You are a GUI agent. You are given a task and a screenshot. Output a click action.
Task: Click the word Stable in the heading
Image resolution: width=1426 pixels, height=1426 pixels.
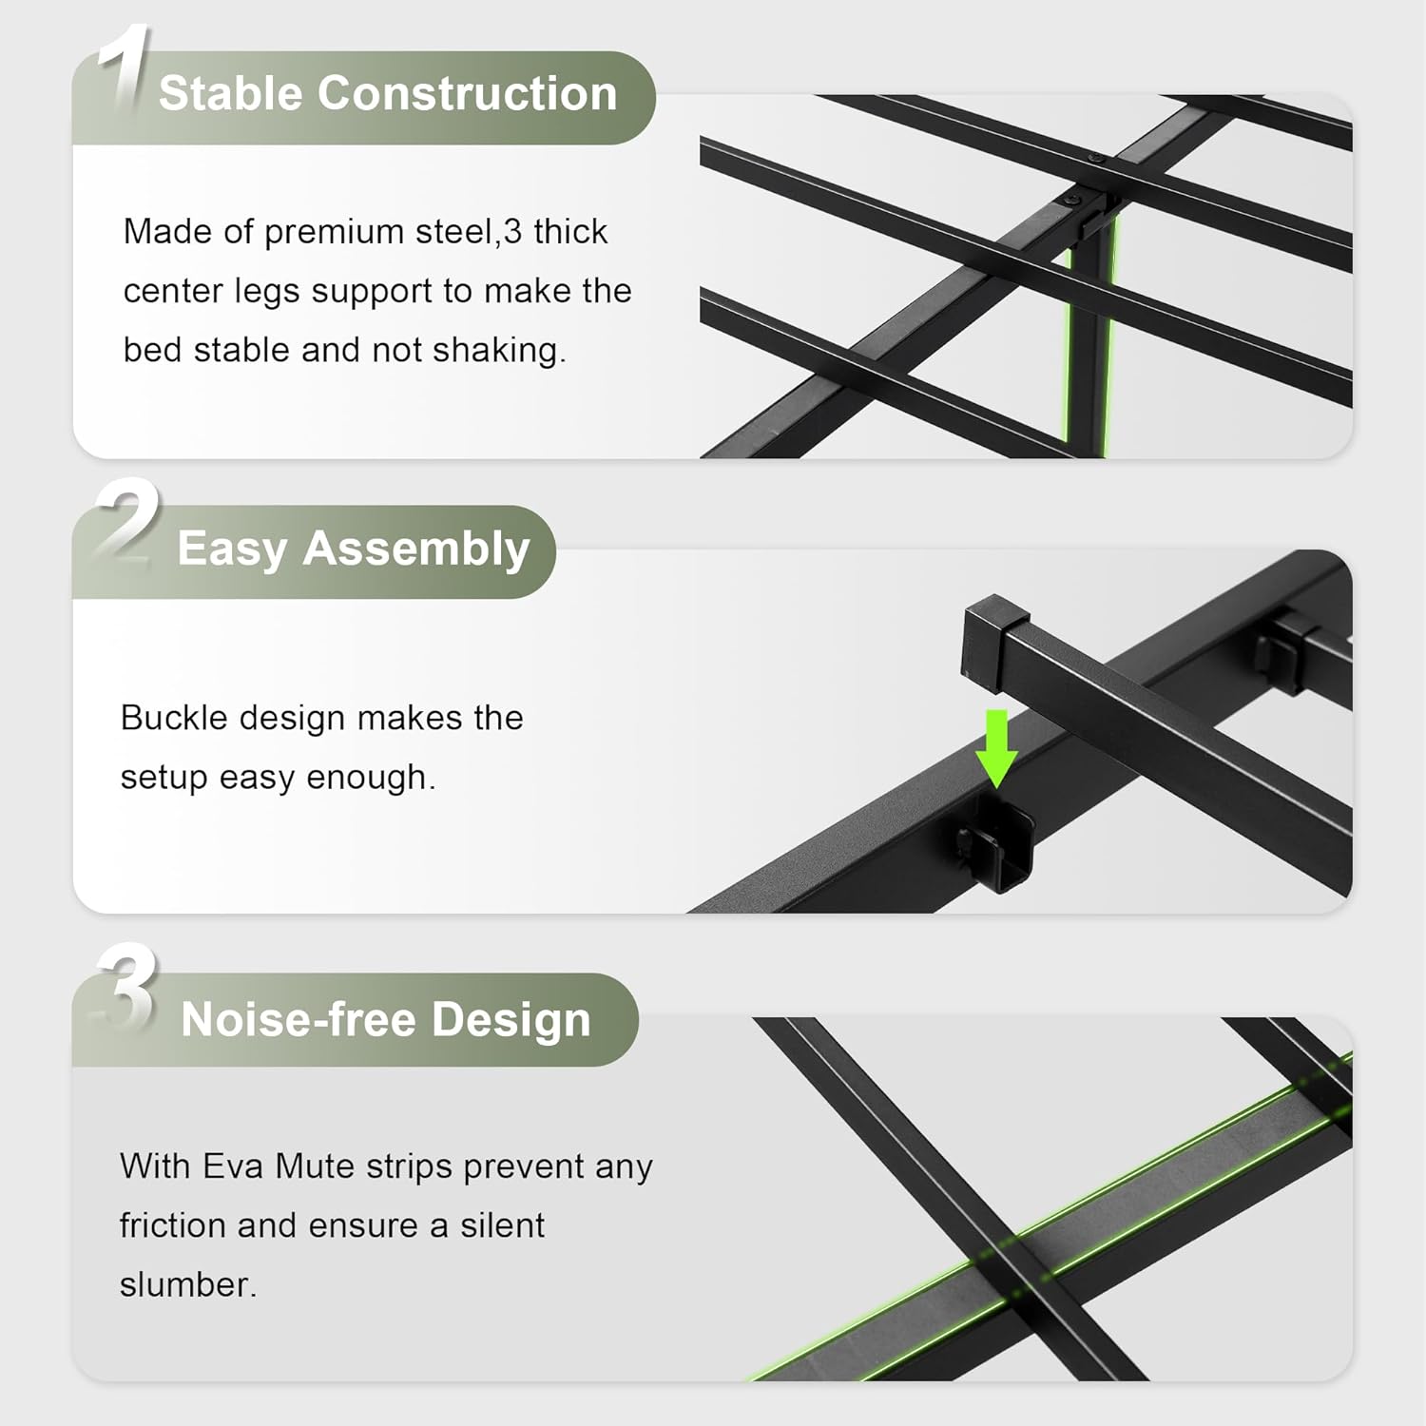point(230,93)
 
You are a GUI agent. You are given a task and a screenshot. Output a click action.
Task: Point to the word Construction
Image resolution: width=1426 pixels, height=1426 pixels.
point(468,93)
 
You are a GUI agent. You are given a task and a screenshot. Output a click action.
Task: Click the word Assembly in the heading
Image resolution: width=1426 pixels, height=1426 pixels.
point(416,550)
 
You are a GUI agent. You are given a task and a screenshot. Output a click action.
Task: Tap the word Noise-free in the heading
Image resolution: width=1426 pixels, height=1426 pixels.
point(299,1019)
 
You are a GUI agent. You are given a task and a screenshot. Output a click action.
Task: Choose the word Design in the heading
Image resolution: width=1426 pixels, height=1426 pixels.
point(511,1021)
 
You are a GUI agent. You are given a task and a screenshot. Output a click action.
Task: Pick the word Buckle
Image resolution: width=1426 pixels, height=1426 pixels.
point(175,718)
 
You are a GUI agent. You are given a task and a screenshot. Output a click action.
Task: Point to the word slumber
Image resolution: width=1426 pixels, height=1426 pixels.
point(188,1285)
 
